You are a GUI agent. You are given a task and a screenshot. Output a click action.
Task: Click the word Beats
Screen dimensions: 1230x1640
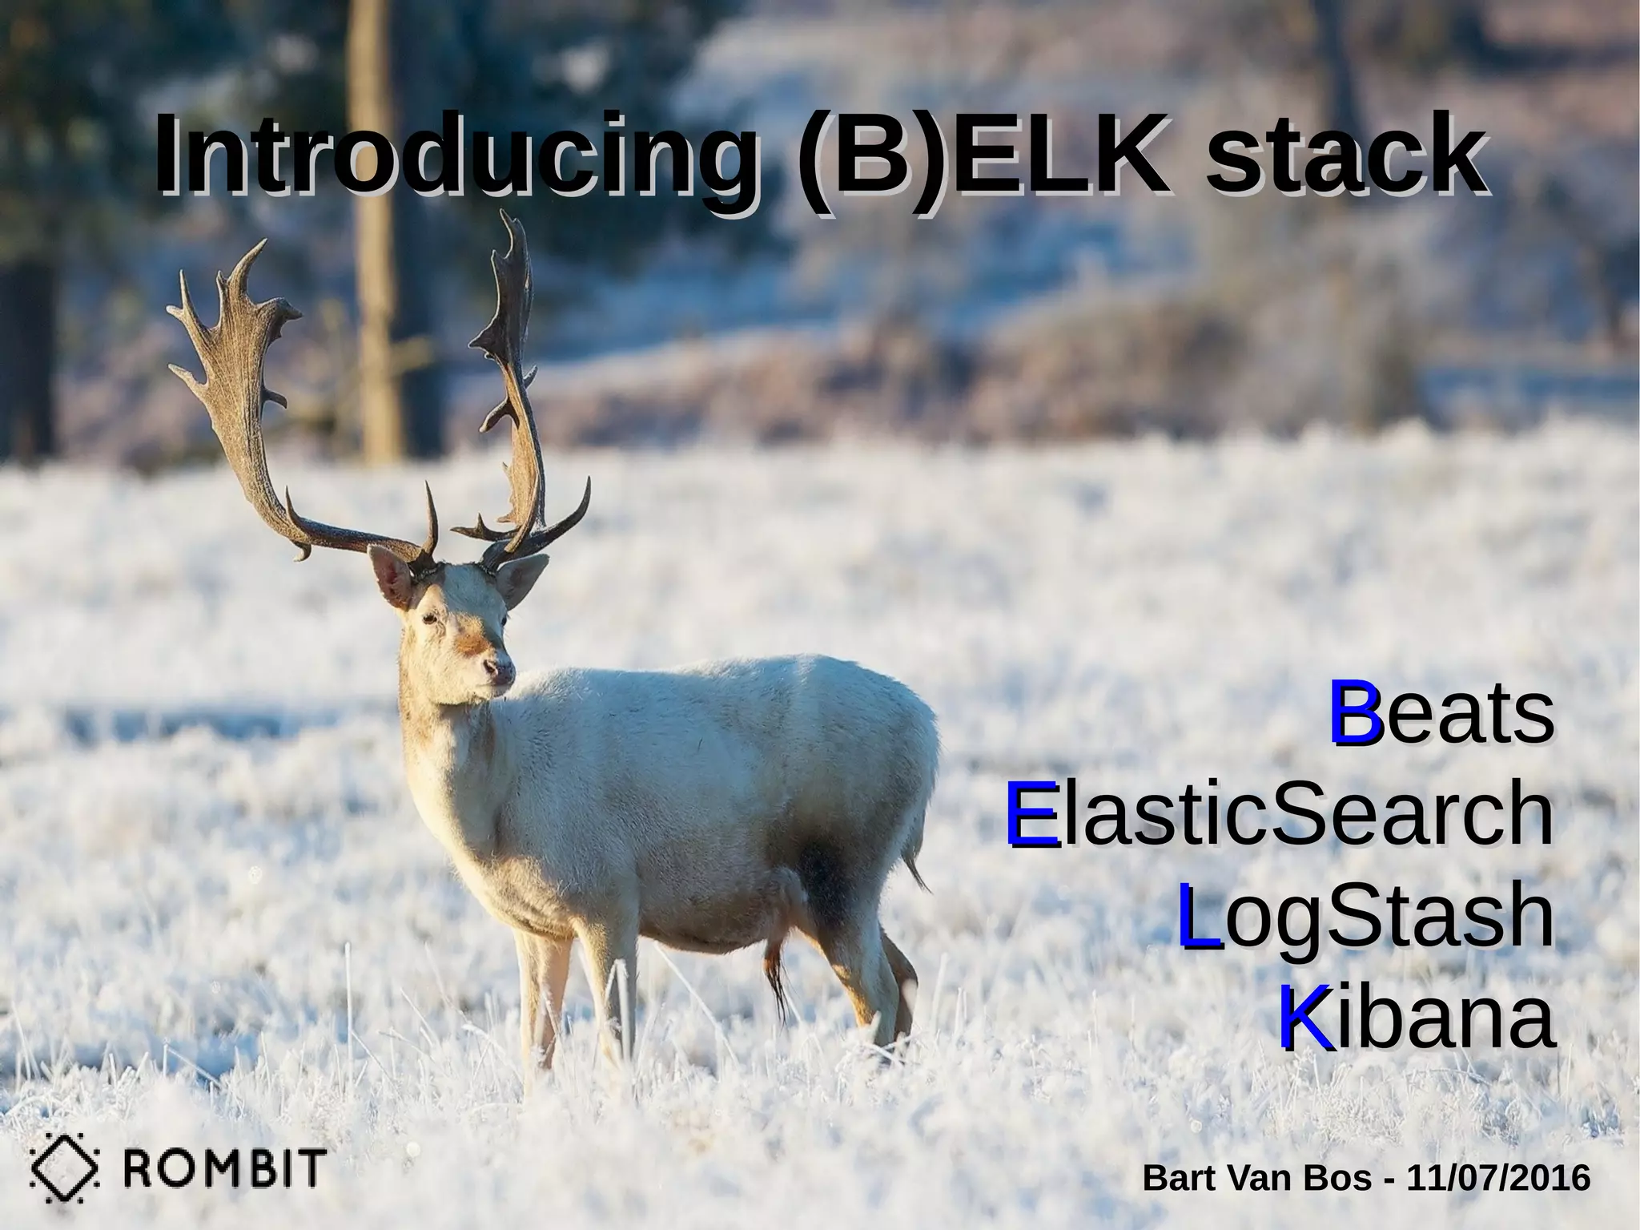[1441, 712]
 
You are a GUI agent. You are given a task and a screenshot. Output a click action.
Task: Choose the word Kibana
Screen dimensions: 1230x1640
[1417, 1019]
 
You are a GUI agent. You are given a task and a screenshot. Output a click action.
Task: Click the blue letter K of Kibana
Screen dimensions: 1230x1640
[1306, 1019]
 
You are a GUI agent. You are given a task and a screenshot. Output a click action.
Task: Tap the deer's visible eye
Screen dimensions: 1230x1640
[432, 618]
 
